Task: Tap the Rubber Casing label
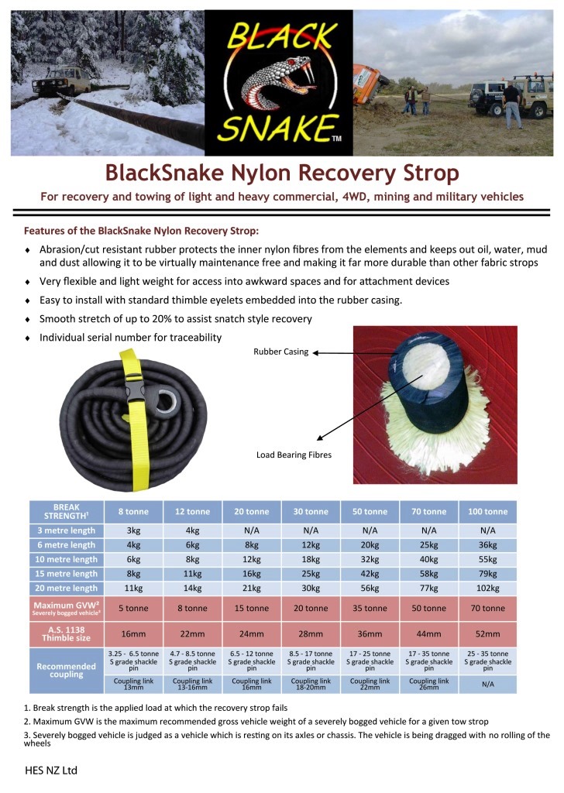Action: pos(280,352)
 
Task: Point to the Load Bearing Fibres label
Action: pos(294,455)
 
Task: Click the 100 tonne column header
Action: pos(487,511)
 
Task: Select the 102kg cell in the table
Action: pos(487,588)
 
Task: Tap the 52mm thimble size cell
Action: pos(487,633)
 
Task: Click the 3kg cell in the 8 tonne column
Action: pos(134,530)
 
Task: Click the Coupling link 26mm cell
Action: pos(428,684)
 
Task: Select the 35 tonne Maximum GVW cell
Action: pos(370,608)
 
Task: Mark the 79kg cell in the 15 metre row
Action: pos(487,574)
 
